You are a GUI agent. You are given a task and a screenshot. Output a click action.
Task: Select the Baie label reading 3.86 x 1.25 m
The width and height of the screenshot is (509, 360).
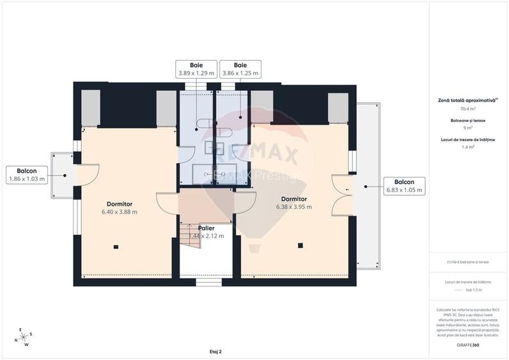click(x=240, y=69)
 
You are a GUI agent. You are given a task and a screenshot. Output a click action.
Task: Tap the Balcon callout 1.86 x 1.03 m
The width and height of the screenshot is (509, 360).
click(x=26, y=175)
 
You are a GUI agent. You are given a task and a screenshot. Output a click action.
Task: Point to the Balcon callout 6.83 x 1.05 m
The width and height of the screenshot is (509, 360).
click(x=404, y=186)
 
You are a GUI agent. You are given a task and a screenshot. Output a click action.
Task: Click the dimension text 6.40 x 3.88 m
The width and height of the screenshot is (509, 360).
click(x=120, y=212)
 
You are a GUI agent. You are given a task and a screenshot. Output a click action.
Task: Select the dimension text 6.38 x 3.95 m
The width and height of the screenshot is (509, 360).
click(x=294, y=207)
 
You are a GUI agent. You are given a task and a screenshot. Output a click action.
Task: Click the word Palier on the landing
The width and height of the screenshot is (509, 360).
click(x=206, y=228)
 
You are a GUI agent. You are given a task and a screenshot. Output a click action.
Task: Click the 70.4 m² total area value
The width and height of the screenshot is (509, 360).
click(x=469, y=109)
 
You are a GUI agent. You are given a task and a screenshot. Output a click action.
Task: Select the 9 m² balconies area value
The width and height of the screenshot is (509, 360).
click(x=469, y=128)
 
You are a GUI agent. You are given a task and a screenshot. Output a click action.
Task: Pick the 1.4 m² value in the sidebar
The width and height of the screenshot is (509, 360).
click(x=469, y=147)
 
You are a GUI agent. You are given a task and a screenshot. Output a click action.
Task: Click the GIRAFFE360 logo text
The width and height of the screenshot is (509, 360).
click(x=469, y=345)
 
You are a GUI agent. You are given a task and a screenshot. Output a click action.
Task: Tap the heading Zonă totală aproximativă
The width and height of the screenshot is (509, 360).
click(x=467, y=100)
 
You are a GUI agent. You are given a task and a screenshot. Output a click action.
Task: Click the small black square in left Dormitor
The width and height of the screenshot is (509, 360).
click(x=116, y=246)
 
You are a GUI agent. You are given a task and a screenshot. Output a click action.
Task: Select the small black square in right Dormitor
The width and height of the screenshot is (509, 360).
click(x=301, y=244)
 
